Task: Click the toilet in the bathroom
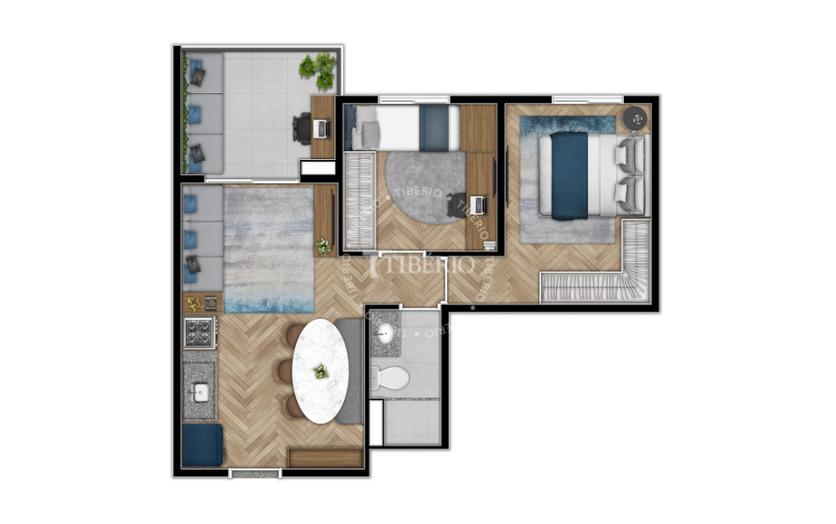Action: point(392,378)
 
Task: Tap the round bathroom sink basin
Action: point(385,332)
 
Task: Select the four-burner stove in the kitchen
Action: point(199,332)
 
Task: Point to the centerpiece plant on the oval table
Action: point(321,372)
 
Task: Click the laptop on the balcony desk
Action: point(321,128)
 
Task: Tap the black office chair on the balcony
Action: point(303,129)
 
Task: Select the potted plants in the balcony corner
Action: point(319,69)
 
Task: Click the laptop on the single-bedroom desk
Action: point(478,205)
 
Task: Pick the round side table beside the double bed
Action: point(633,118)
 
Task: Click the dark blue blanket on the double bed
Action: point(569,175)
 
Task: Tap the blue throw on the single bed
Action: point(433,127)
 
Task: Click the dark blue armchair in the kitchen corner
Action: point(202,445)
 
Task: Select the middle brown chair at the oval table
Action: point(283,371)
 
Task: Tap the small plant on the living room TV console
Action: point(324,245)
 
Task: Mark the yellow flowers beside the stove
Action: point(194,303)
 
